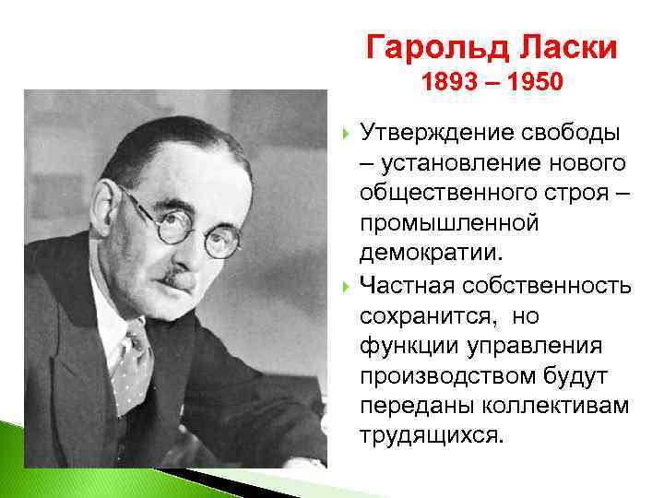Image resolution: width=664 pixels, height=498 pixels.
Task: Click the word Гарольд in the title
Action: [427, 46]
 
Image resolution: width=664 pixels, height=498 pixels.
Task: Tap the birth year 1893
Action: [452, 84]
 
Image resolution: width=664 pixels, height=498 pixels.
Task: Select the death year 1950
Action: [530, 84]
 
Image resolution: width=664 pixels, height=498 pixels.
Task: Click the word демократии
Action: [429, 253]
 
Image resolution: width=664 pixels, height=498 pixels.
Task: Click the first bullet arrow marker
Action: [346, 133]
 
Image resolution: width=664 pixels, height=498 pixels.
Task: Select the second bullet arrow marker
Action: [346, 284]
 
